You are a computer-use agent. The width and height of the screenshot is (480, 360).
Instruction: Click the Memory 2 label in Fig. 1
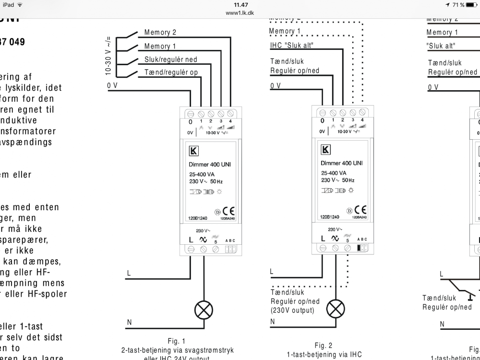(160, 33)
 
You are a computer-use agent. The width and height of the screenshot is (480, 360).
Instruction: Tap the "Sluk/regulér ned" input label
(170, 60)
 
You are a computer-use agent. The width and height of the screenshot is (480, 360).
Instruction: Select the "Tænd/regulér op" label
(171, 72)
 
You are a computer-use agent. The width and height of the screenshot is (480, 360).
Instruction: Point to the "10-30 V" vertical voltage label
(109, 56)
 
